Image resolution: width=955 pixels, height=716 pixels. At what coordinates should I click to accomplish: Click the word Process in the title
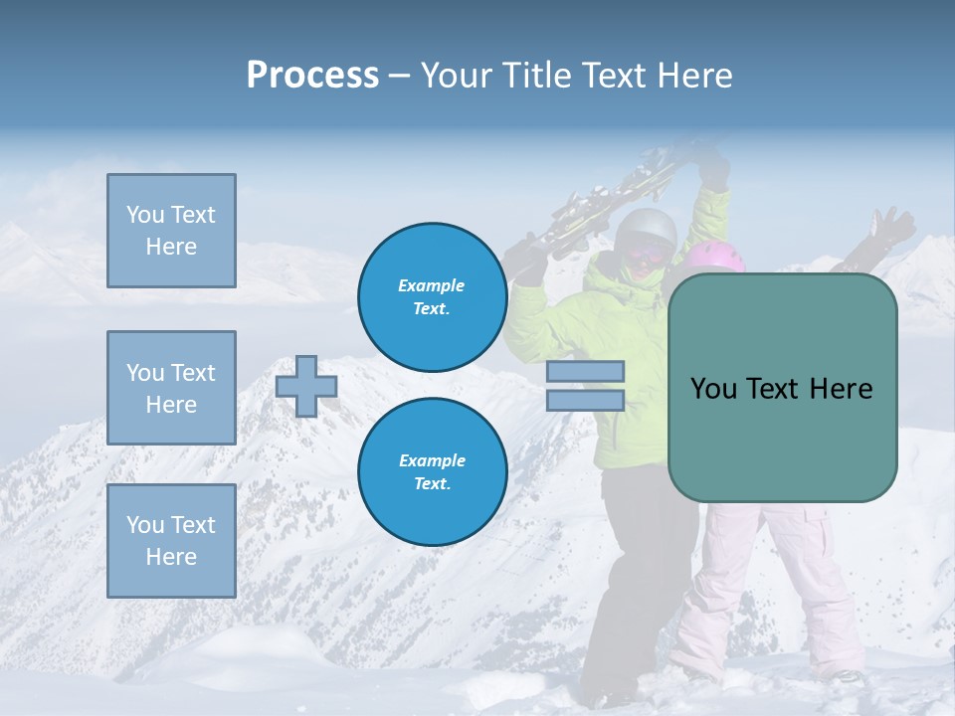[x=312, y=76]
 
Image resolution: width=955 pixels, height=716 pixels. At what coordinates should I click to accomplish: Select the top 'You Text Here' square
[x=171, y=231]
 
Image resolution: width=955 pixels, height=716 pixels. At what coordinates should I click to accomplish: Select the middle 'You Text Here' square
[x=171, y=388]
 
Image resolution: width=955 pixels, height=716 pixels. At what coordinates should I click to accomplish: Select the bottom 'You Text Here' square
[x=171, y=540]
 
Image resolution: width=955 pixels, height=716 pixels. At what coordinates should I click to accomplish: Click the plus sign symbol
[x=306, y=386]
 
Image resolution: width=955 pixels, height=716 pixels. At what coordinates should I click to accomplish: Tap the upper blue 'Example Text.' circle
[x=432, y=297]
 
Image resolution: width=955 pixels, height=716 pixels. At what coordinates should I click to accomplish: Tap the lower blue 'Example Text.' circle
[x=432, y=472]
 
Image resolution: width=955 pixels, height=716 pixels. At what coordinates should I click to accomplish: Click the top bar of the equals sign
[x=585, y=372]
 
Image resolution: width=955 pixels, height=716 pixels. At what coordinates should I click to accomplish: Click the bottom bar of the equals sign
[x=585, y=401]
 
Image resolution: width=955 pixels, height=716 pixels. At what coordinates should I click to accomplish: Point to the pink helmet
[x=716, y=256]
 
